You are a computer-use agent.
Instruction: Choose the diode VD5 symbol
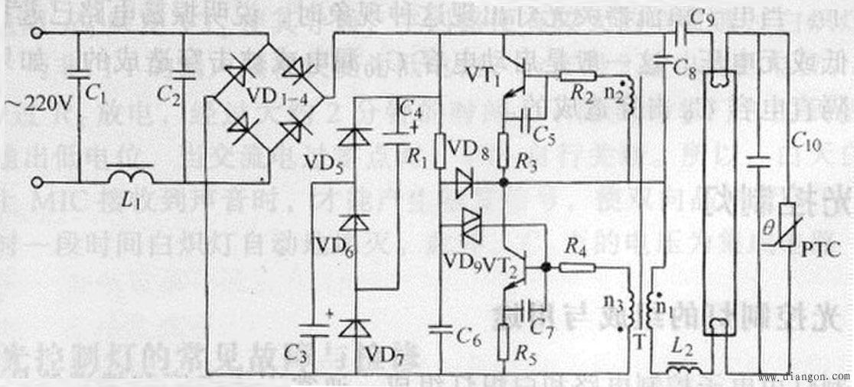tap(353, 137)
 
